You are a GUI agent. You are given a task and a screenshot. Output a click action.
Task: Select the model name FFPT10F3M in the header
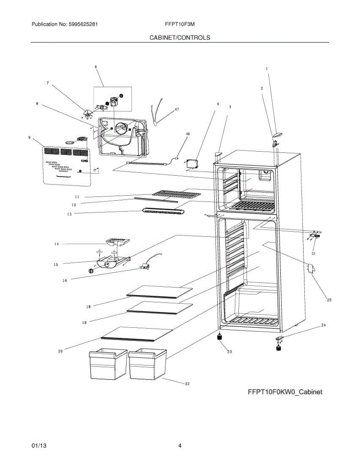(179, 24)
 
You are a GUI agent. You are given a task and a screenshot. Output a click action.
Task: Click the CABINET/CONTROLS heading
(180, 38)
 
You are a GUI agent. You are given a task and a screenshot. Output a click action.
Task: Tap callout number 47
(177, 110)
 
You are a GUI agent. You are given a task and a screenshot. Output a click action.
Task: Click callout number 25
(329, 300)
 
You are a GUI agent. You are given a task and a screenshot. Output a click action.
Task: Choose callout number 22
(187, 384)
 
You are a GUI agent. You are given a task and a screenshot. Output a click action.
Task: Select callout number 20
(60, 351)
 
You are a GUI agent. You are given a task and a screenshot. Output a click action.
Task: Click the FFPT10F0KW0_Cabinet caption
(285, 392)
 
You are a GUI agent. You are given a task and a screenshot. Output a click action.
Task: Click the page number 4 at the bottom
(180, 446)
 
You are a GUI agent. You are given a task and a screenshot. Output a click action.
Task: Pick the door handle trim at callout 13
(163, 210)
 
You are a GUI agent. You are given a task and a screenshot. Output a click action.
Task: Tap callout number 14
(56, 244)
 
